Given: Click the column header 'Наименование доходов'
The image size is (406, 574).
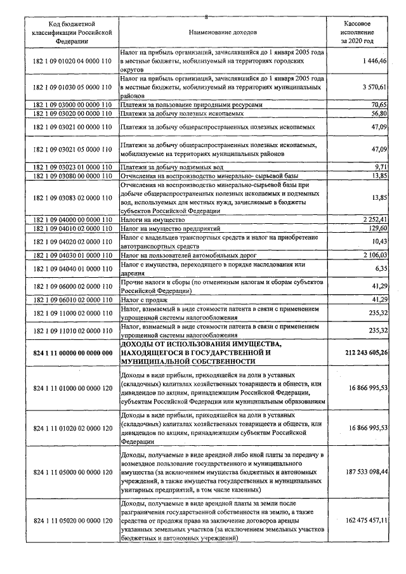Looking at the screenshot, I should click(x=223, y=31).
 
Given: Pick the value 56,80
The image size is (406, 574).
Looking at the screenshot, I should click(x=378, y=114).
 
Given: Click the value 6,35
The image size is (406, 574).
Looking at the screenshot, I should click(x=380, y=268).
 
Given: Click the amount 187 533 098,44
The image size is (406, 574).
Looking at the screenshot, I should click(x=359, y=473).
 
